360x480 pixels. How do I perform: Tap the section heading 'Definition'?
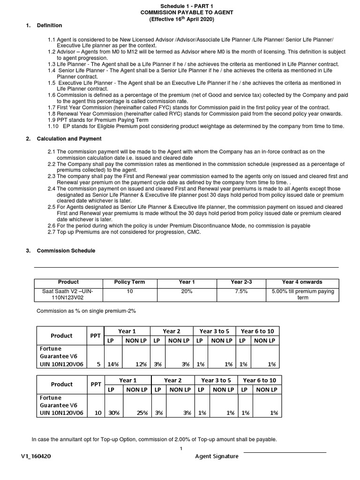50,25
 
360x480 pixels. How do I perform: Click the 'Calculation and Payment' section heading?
69,139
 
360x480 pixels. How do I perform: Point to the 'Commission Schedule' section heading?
66,251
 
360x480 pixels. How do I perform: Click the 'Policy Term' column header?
129,282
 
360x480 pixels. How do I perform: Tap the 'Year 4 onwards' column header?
302,282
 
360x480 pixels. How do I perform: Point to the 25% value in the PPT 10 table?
143,413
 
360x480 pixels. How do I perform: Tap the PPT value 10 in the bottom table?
97,413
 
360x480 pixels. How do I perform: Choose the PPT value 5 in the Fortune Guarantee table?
98,364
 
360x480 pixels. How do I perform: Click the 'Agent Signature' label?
217,456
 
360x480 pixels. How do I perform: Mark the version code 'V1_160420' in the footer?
37,456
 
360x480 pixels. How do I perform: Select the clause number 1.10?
53,126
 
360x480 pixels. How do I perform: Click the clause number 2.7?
52,232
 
